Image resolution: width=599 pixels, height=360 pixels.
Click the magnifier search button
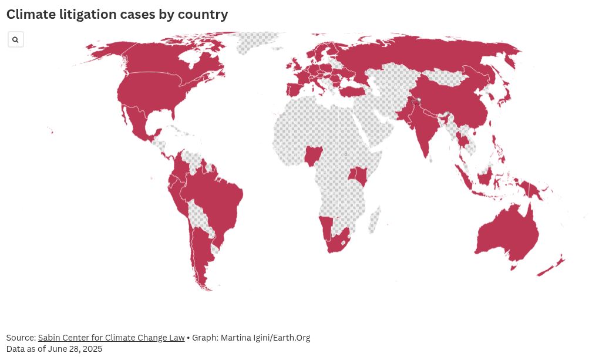click(x=15, y=40)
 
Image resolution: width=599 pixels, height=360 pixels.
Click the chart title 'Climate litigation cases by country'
click(x=117, y=15)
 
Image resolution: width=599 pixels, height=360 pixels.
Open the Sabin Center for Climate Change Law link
click(x=111, y=338)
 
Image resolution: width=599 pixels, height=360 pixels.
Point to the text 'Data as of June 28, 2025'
click(x=54, y=349)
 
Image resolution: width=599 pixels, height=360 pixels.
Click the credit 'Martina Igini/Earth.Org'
click(x=265, y=338)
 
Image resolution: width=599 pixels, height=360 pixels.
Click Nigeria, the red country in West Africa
click(x=314, y=156)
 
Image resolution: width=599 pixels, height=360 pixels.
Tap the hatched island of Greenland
click(x=255, y=41)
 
